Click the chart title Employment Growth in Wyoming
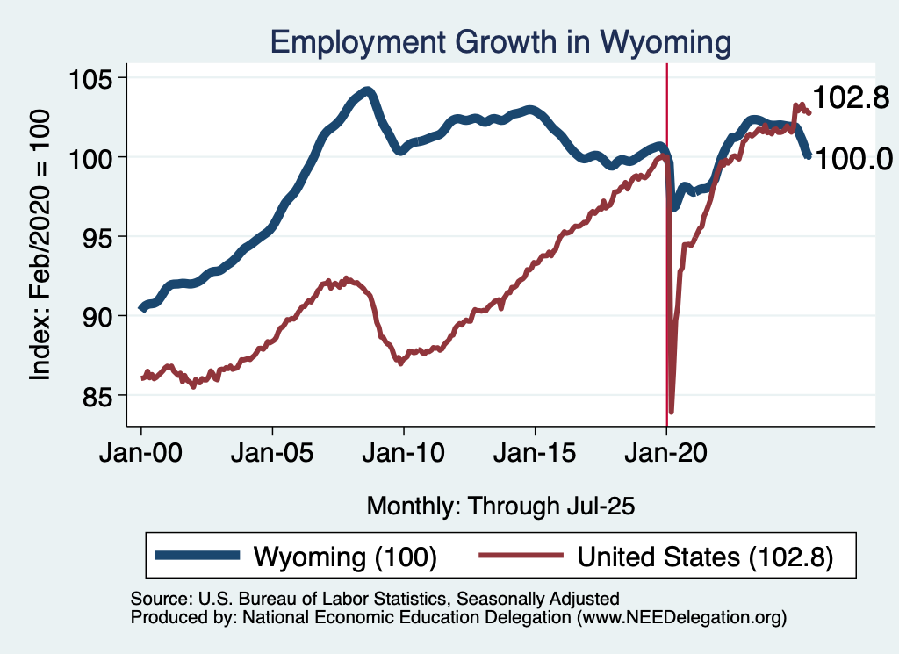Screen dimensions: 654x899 [500, 41]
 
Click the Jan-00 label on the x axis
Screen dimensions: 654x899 [141, 456]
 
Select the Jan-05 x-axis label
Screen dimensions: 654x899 [272, 456]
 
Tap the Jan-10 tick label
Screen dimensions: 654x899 [404, 456]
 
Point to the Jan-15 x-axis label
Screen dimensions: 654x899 [535, 456]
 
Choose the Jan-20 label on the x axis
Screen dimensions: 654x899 [666, 456]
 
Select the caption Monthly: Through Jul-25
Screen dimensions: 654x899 [500, 506]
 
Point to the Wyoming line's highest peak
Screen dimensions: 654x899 [367, 91]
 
